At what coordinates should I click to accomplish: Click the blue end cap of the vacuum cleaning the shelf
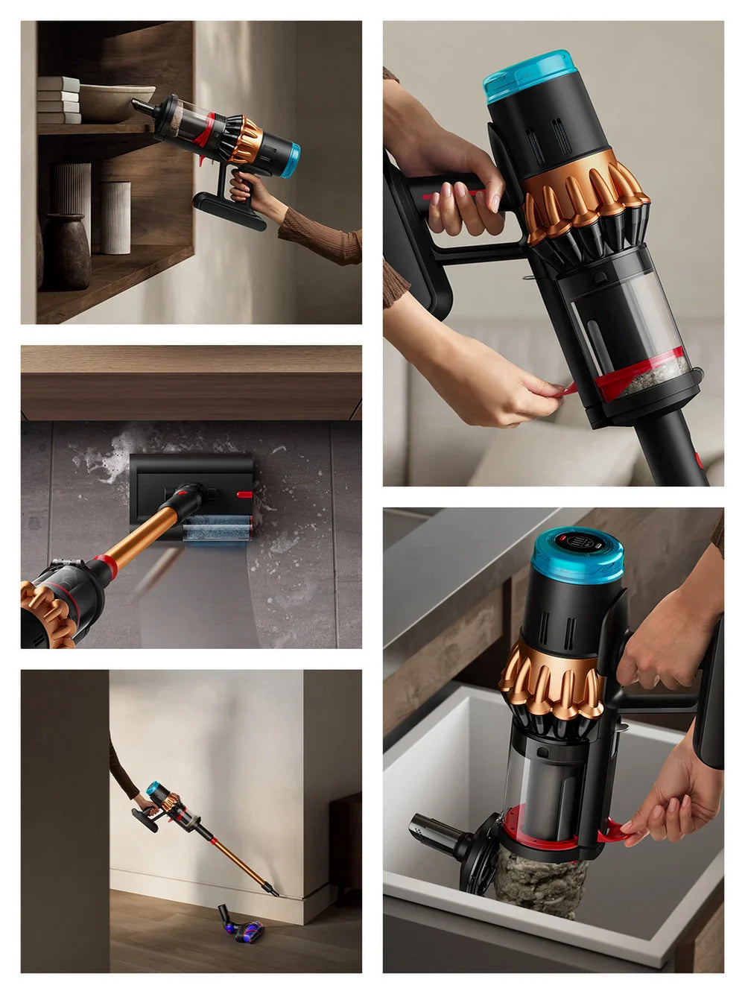coord(290,159)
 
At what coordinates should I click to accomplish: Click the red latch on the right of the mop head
coord(244,493)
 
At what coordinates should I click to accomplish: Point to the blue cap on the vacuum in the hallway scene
coord(152,788)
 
